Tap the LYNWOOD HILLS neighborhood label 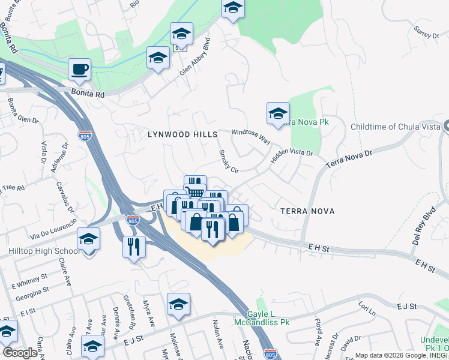pos(182,135)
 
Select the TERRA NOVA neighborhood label pos(307,211)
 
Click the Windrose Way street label pos(251,136)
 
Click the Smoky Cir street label pos(229,161)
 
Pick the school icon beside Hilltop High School pos(88,241)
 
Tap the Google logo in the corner pos(20,352)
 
